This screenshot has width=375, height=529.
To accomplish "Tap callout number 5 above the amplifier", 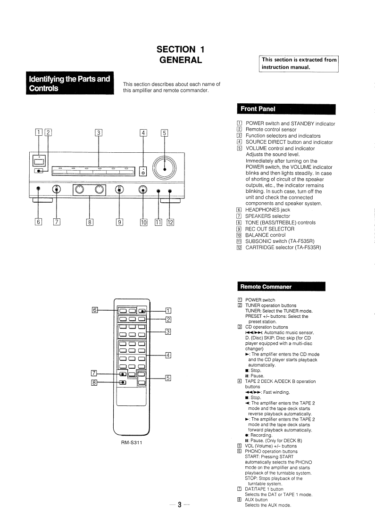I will pos(164,132).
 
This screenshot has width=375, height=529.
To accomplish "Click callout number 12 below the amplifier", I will pos(170,222).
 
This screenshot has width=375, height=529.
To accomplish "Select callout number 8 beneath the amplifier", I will pos(89,222).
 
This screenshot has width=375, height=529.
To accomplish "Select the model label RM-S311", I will pos(132,442).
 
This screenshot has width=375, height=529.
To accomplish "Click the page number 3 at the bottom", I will pos(179,505).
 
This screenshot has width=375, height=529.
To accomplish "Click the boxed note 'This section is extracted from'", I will pos(299,60).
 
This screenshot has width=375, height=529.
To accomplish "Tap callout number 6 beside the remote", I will pos(95,310).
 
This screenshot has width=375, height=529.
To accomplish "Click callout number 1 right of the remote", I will pos(168,310).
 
